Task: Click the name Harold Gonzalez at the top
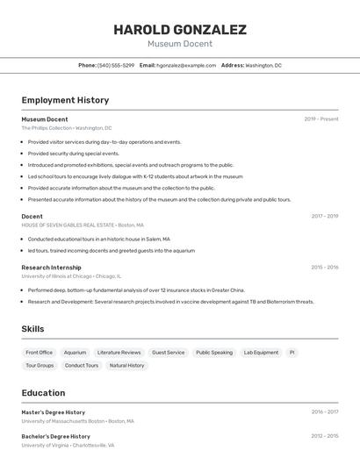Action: (180, 30)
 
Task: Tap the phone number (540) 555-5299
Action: (116, 65)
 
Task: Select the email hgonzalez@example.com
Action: (186, 65)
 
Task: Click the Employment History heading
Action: (65, 101)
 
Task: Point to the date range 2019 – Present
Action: (321, 119)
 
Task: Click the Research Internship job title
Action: (51, 268)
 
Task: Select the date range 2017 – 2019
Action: (325, 216)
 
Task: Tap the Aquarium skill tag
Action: (75, 353)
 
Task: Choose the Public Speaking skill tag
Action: (214, 353)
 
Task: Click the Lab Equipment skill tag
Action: (261, 353)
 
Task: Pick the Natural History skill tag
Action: (126, 365)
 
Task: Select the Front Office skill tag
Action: (39, 353)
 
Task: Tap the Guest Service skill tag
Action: (168, 353)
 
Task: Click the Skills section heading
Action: (32, 329)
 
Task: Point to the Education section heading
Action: (43, 393)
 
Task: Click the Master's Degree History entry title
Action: (54, 412)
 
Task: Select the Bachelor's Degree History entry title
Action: (55, 436)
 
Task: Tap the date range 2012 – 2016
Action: (325, 436)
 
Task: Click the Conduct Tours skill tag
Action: (82, 365)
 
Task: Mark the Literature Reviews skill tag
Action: (119, 353)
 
